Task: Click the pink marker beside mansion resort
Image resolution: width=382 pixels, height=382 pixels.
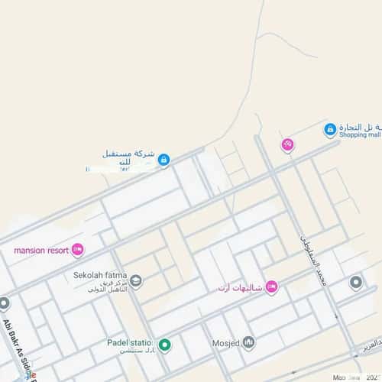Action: [x=77, y=249]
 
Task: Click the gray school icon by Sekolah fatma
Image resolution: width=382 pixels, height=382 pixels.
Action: [x=136, y=281]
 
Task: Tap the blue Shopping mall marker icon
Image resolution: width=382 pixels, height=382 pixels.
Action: [x=330, y=130]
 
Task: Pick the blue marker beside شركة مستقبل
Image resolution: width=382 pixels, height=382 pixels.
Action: [x=163, y=160]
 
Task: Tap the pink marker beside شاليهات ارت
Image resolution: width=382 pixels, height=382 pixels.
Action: [x=270, y=286]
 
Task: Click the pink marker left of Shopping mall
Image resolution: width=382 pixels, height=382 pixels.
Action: [x=287, y=144]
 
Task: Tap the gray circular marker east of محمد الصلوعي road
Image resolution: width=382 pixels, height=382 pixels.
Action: [x=355, y=283]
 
